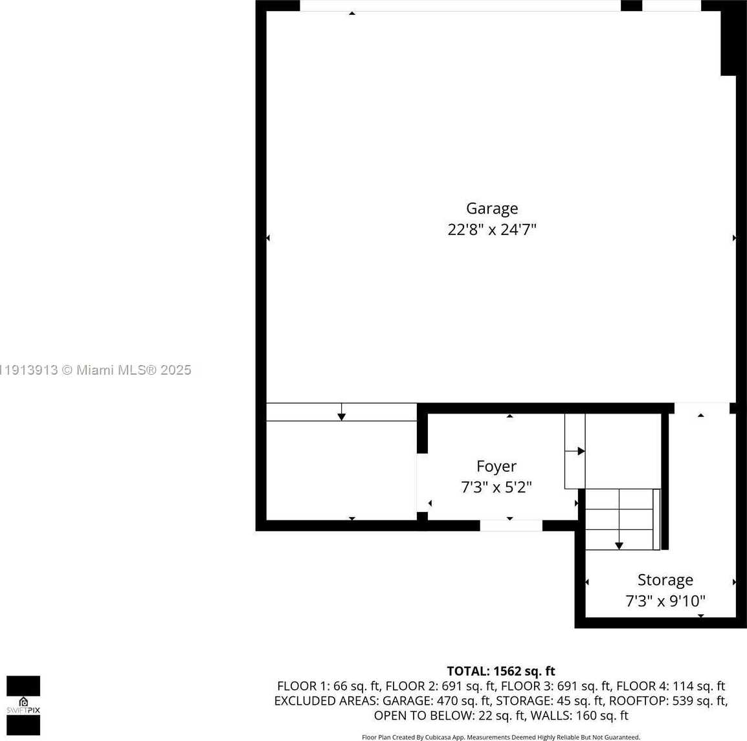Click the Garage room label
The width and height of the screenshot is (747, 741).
492,208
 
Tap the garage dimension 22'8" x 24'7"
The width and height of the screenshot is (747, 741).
492,230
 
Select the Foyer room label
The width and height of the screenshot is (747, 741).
496,466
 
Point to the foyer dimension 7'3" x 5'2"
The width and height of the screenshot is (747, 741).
496,487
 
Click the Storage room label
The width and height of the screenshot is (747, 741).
665,580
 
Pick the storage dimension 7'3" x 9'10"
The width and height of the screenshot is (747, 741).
665,601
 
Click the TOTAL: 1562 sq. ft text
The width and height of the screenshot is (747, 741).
501,671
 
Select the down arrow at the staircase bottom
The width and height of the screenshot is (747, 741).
619,545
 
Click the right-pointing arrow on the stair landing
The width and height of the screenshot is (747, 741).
581,451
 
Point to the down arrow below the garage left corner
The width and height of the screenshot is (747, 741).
341,415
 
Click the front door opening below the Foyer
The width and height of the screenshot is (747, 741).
511,525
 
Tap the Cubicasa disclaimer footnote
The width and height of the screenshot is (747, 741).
501,737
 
